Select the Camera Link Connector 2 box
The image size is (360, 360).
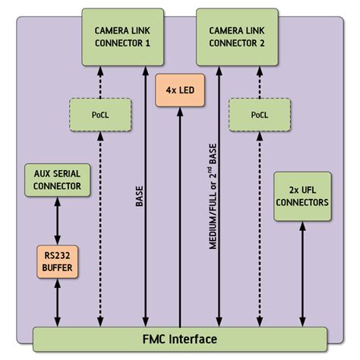pos(237,36)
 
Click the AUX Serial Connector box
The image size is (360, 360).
pos(58,179)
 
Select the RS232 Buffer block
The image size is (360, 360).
pos(58,261)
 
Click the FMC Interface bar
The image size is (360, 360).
pos(180,339)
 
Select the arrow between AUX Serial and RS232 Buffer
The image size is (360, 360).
pos(58,220)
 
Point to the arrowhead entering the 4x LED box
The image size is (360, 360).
pos(179,112)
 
